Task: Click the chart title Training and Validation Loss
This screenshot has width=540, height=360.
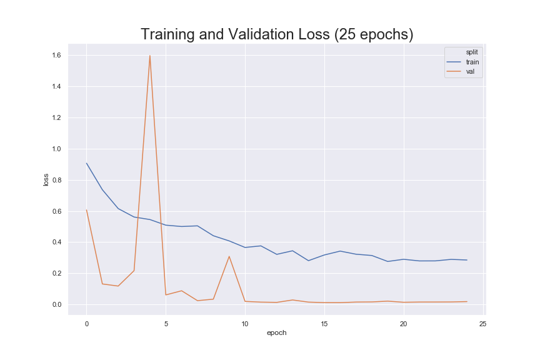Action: [x=277, y=34]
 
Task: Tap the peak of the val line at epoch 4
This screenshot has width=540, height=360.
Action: [x=150, y=56]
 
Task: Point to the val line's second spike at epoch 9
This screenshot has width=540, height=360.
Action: [x=229, y=256]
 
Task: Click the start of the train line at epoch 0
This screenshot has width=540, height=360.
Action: [x=86, y=163]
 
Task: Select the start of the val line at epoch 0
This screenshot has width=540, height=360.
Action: [x=86, y=210]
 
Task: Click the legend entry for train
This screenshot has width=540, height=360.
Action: [x=463, y=62]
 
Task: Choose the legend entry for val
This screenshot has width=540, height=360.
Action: [x=461, y=72]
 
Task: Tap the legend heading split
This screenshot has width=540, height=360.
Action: [x=472, y=52]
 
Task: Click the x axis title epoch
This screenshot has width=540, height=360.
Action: [x=276, y=332]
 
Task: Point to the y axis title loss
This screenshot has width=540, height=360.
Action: [x=46, y=180]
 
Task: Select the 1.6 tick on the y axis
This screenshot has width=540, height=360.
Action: [x=56, y=56]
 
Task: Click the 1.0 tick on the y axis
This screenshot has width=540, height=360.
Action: [x=56, y=149]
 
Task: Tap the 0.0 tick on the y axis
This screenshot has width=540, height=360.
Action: [x=56, y=304]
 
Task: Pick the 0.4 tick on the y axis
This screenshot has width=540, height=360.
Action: [x=56, y=242]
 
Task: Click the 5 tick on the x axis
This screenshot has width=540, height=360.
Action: [x=166, y=324]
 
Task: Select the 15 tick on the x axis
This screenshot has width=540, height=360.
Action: [x=324, y=324]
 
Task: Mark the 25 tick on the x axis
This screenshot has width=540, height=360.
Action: [x=483, y=324]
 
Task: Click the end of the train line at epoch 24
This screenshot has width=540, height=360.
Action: [x=467, y=260]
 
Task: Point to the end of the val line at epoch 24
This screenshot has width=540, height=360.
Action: [x=467, y=302]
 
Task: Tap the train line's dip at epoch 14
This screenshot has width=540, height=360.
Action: [x=308, y=261]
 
